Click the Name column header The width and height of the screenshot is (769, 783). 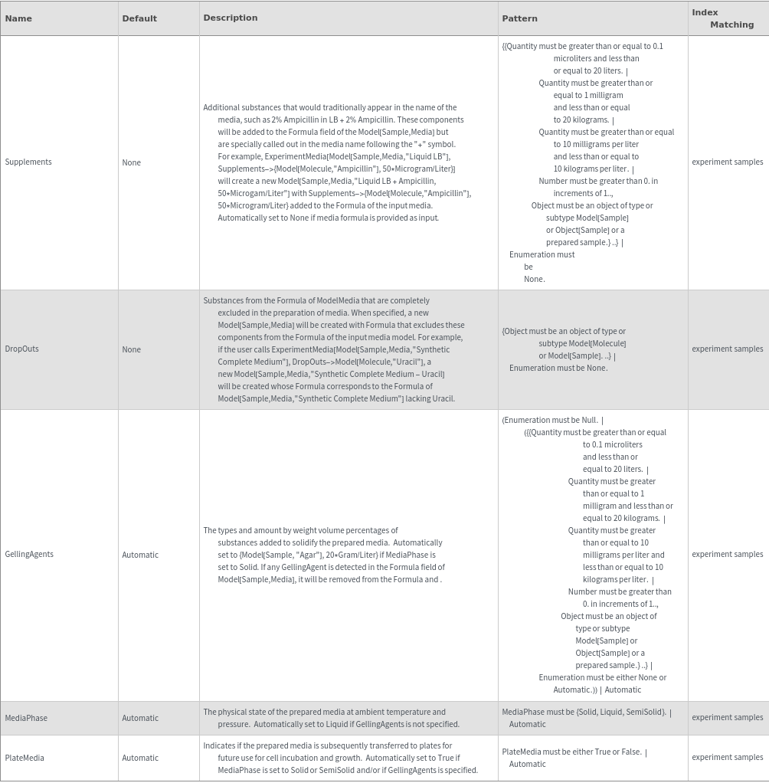click(x=18, y=18)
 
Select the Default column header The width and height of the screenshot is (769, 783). click(x=139, y=18)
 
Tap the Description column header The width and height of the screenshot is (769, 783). click(x=231, y=18)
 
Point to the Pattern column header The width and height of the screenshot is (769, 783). click(x=520, y=18)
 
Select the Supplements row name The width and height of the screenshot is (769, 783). click(x=28, y=162)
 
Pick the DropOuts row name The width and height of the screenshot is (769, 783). click(x=22, y=349)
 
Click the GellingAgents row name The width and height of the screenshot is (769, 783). click(x=29, y=554)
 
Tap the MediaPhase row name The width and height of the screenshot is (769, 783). click(x=26, y=718)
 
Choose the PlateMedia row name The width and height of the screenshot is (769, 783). click(x=25, y=758)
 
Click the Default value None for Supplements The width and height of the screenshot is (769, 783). click(x=132, y=162)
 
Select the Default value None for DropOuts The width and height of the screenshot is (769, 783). click(x=132, y=349)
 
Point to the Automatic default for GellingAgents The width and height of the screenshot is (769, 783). click(x=140, y=555)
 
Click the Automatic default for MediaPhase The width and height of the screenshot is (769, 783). click(x=140, y=718)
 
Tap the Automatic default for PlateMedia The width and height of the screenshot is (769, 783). click(x=140, y=758)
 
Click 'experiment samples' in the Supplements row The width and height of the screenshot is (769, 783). click(x=727, y=162)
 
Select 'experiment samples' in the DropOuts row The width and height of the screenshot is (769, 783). click(x=727, y=349)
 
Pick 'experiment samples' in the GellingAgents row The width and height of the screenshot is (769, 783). click(x=727, y=554)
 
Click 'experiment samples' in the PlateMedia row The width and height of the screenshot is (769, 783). click(x=727, y=757)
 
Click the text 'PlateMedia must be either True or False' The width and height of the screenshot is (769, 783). click(x=571, y=752)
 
